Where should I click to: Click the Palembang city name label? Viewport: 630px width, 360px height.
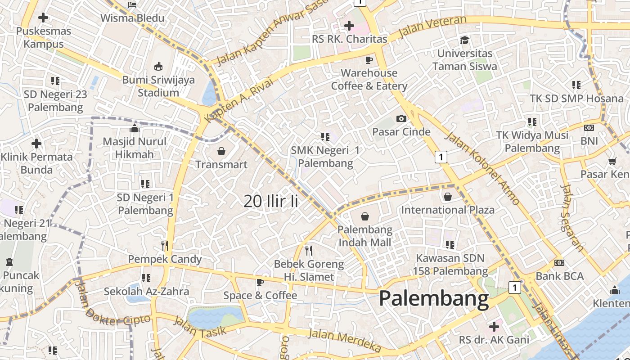pyautogui.click(x=434, y=299)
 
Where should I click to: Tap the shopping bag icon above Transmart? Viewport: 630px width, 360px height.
pyautogui.click(x=221, y=151)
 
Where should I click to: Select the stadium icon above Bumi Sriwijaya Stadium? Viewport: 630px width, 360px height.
pyautogui.click(x=158, y=67)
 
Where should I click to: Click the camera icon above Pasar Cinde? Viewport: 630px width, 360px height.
pyautogui.click(x=401, y=118)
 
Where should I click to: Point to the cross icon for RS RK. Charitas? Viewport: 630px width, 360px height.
pyautogui.click(x=349, y=26)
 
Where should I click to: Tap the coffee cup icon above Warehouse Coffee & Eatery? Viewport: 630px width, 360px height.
pyautogui.click(x=369, y=59)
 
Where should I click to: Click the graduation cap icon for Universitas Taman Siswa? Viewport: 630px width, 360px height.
pyautogui.click(x=464, y=40)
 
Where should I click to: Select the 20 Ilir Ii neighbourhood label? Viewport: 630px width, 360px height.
pyautogui.click(x=271, y=201)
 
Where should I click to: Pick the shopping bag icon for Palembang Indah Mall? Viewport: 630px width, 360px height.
pyautogui.click(x=365, y=216)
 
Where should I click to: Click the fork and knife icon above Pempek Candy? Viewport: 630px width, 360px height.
pyautogui.click(x=165, y=245)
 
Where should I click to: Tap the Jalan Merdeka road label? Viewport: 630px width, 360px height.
pyautogui.click(x=345, y=340)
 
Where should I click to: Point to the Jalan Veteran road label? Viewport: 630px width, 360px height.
pyautogui.click(x=432, y=27)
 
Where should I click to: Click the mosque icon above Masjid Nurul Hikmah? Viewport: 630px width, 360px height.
pyautogui.click(x=134, y=129)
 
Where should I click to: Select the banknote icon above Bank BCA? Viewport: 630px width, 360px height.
pyautogui.click(x=559, y=262)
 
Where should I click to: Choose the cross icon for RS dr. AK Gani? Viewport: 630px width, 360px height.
pyautogui.click(x=494, y=326)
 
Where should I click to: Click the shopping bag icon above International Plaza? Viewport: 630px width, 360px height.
pyautogui.click(x=447, y=197)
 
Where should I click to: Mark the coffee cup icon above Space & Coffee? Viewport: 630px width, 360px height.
pyautogui.click(x=260, y=282)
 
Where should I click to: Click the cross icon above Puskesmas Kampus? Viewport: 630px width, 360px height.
pyautogui.click(x=43, y=18)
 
